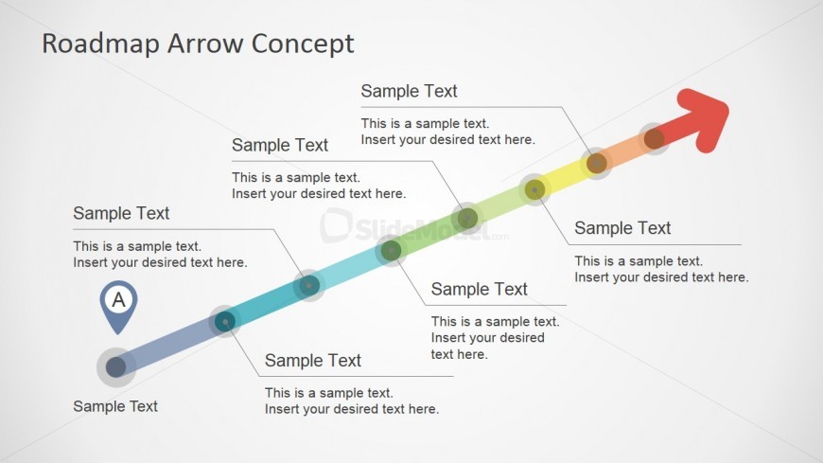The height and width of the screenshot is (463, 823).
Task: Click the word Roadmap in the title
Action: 100,45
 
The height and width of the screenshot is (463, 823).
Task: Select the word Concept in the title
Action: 303,45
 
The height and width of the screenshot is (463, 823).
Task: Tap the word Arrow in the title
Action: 204,44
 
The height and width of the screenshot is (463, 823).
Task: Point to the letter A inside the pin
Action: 118,299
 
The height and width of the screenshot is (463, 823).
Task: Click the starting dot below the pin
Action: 116,366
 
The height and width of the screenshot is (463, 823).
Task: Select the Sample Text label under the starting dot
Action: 115,406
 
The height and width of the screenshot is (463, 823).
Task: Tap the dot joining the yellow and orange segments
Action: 597,164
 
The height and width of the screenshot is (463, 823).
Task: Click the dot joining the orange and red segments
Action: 654,139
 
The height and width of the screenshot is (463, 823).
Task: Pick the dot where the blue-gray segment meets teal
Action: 225,322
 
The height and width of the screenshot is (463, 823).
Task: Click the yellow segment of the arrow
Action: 566,176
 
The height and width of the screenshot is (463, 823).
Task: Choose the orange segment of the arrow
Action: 625,151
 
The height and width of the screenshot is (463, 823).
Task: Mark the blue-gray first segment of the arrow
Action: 170,345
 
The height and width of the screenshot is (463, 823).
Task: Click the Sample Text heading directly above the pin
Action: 121,213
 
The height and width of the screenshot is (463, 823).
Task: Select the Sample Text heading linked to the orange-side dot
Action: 409,91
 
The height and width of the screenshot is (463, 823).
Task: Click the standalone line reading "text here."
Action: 459,354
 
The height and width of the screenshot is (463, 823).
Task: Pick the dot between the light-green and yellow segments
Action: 534,189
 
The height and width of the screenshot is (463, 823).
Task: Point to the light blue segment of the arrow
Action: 350,268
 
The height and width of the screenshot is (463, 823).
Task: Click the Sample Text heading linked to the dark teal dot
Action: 313,361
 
